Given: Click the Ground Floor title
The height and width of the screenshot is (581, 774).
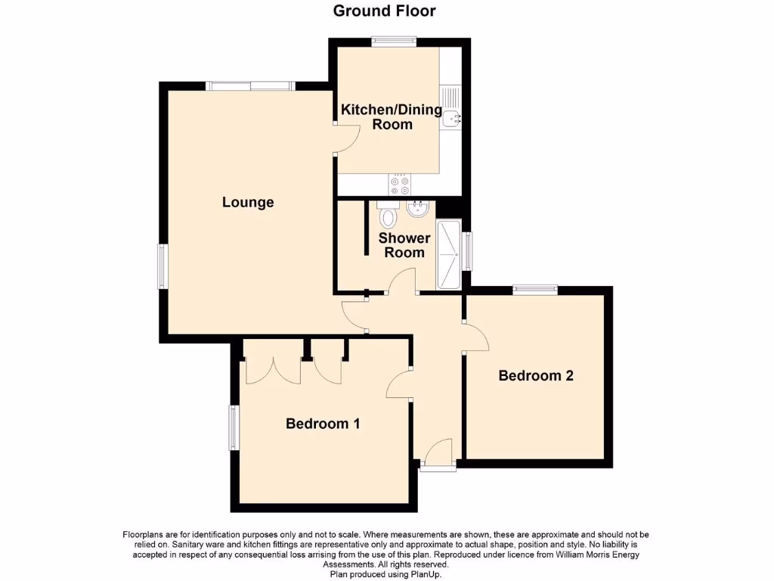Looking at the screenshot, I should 384,11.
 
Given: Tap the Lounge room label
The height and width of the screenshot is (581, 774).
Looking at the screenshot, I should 248,202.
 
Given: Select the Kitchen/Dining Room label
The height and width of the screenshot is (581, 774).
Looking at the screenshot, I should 392,117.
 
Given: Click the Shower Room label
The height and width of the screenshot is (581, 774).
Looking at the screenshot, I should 404,245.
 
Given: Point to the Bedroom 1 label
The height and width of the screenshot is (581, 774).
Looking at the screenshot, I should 322,424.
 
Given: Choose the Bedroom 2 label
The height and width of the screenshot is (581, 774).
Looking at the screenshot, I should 536,375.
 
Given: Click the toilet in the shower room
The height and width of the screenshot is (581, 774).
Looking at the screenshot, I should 388,216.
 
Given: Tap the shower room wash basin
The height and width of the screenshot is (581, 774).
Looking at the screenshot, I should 416,209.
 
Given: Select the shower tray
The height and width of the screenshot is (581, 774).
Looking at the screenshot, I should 448,255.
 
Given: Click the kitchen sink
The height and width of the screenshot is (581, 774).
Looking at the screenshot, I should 452,117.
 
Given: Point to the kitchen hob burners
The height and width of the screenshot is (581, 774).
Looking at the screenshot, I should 398,184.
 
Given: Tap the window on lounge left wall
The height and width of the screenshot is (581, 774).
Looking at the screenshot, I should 162,266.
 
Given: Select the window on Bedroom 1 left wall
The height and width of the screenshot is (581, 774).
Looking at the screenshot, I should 234,427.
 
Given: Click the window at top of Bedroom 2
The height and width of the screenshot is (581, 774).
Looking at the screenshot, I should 535,289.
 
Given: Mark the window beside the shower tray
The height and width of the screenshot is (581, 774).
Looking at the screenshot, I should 468,251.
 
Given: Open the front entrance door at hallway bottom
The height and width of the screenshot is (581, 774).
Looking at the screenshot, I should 438,456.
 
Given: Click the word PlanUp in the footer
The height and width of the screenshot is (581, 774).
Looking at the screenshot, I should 427,575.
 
